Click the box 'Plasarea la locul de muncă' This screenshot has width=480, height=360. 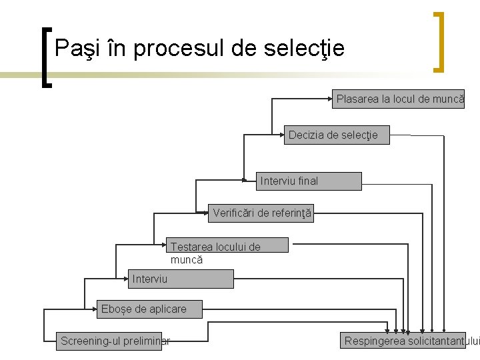coord(399,99)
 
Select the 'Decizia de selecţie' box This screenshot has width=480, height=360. coord(337,135)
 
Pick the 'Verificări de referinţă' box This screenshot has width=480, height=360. coord(261,214)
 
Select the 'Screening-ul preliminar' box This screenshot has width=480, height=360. coord(113,341)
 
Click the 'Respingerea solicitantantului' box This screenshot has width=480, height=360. coord(411,341)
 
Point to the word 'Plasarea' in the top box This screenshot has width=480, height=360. coord(357,99)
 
